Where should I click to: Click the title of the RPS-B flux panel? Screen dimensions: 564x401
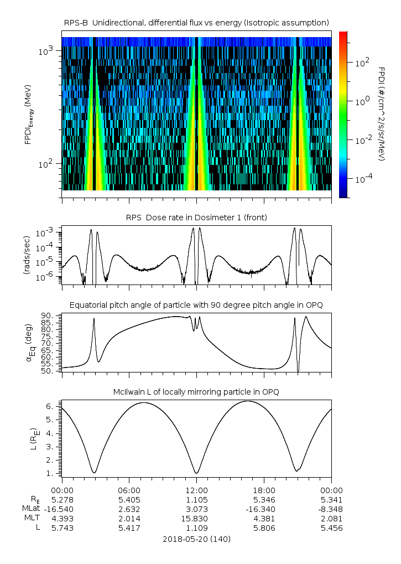pyautogui.click(x=197, y=22)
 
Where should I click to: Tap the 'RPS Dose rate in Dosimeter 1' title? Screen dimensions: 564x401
pyautogui.click(x=197, y=218)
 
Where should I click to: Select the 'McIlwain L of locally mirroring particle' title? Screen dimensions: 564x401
pyautogui.click(x=197, y=392)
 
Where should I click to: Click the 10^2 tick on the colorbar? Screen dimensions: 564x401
pyautogui.click(x=361, y=63)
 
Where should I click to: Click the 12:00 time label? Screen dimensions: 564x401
pyautogui.click(x=197, y=490)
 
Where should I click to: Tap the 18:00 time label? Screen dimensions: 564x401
pyautogui.click(x=264, y=490)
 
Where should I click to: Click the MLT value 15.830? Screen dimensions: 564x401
pyautogui.click(x=197, y=519)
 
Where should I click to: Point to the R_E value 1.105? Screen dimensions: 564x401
pyautogui.click(x=197, y=500)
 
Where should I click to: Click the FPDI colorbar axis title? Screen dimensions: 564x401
pyautogui.click(x=382, y=114)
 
